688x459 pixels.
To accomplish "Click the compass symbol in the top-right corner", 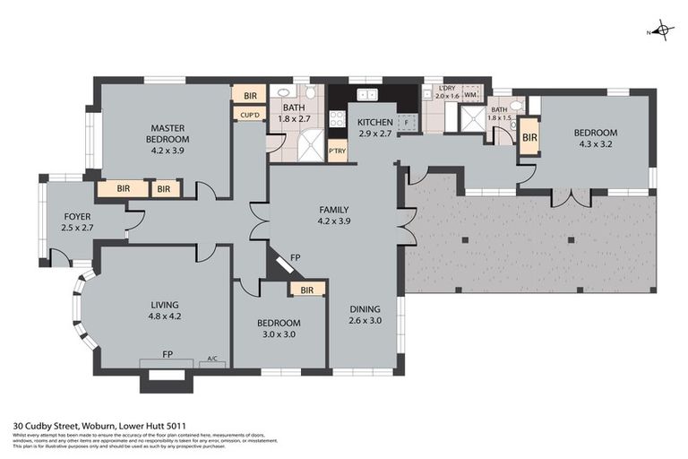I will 661,30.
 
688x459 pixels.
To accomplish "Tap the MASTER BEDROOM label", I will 168,134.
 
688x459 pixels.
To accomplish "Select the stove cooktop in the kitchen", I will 339,120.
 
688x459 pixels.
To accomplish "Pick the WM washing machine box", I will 469,94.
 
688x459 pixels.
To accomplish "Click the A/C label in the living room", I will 212,358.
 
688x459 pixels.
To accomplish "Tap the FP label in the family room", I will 296,258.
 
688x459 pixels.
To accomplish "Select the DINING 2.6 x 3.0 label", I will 365,315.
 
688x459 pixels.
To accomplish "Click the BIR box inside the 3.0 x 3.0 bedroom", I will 306,290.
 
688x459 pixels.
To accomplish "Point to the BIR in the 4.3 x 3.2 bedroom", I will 529,137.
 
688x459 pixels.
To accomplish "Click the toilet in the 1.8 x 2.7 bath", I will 310,92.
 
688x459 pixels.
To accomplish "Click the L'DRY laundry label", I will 447,87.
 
